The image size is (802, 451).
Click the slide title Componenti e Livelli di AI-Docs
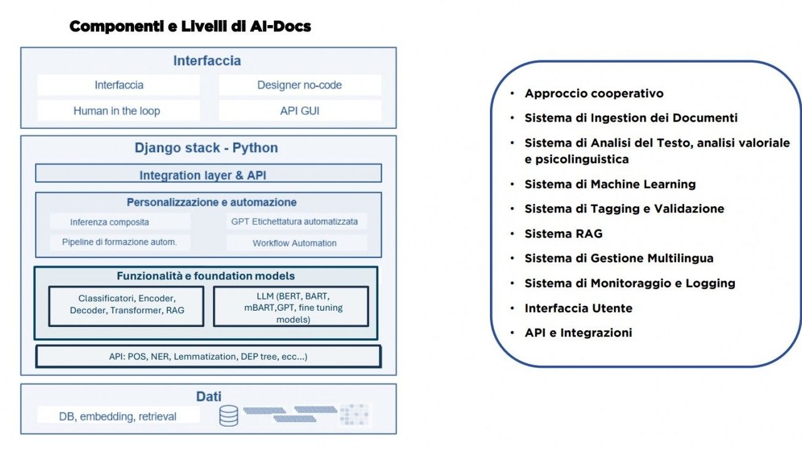(190, 26)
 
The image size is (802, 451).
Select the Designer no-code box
(299, 85)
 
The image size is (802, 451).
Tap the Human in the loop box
(117, 111)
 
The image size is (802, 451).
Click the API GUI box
(299, 111)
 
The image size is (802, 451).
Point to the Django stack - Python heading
(206, 148)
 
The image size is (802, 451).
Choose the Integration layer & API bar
(207, 175)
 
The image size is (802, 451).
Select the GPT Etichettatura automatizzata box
(295, 221)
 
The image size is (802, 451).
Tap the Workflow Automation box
(295, 243)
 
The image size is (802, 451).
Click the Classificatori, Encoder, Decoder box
(127, 304)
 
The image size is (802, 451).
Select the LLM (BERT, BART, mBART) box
(291, 306)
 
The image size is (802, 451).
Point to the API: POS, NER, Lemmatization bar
(208, 356)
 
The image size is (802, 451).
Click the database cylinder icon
(229, 415)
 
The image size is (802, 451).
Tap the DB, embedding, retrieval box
(118, 416)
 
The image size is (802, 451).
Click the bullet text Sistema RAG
(563, 234)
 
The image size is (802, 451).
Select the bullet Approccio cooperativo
(593, 93)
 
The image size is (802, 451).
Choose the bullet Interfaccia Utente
(578, 308)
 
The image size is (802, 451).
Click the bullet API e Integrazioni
(578, 333)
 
